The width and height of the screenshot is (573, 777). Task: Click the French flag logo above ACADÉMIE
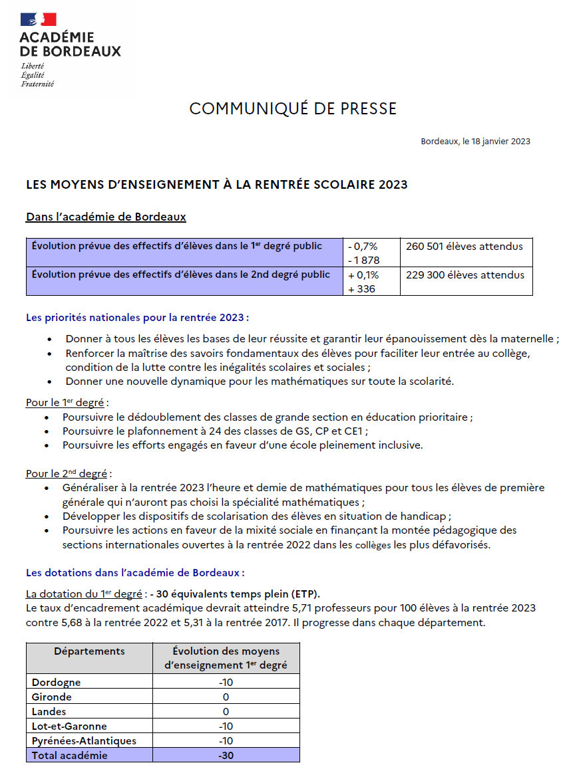coord(38,21)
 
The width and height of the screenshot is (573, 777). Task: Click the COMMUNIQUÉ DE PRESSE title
coord(293,109)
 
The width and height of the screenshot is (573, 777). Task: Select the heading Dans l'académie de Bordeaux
coord(106,217)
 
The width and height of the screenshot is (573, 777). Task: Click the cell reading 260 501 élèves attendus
coord(465,247)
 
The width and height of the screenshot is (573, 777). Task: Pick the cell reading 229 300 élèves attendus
coord(465,275)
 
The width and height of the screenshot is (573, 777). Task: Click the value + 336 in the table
coord(361,289)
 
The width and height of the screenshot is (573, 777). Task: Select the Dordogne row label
coord(57,682)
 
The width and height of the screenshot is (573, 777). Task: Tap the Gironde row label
coord(52,697)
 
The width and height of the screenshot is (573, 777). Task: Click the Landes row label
coord(49,712)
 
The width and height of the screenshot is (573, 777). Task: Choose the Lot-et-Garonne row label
coord(69,726)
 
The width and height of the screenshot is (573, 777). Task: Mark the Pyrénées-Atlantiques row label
coord(84,741)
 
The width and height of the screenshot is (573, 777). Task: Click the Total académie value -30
coord(226,756)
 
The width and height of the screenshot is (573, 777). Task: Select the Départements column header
coord(89,651)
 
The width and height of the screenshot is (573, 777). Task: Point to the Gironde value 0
coord(226,697)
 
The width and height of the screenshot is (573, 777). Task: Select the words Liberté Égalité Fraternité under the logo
coord(37,75)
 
